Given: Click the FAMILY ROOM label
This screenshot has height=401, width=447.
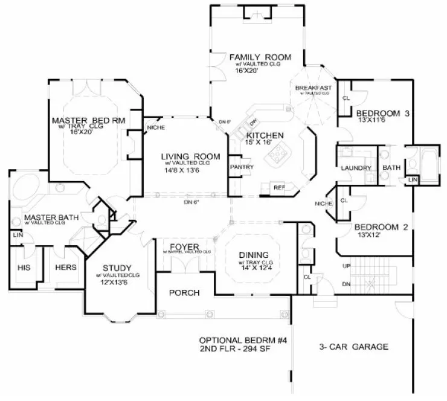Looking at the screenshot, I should pyautogui.click(x=260, y=57).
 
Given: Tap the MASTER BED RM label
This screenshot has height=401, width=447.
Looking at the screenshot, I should pyautogui.click(x=88, y=120).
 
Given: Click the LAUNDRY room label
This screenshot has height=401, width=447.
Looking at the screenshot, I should pyautogui.click(x=355, y=168).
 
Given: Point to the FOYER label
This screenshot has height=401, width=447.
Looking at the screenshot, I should pyautogui.click(x=181, y=246).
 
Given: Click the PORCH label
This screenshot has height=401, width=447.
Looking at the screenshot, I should pyautogui.click(x=184, y=293).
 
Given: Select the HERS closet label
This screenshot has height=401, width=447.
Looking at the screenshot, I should pyautogui.click(x=65, y=267).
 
